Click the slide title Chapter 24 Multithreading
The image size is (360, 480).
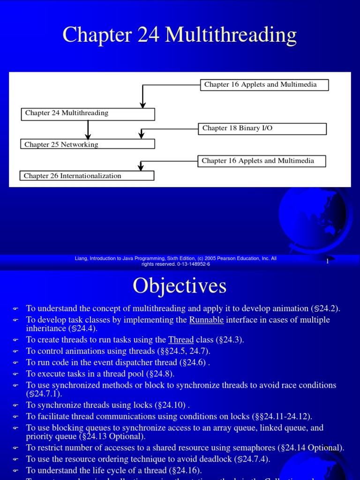(180, 35)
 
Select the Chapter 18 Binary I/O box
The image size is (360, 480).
(262, 128)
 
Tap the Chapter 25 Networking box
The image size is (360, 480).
(88, 144)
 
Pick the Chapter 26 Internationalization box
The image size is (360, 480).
(87, 176)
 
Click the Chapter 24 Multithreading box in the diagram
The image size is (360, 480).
(88, 113)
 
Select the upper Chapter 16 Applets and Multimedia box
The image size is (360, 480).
(265, 85)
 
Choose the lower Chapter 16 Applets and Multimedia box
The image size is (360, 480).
(262, 161)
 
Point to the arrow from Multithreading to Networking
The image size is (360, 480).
(88, 129)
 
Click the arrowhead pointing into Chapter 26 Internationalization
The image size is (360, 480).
(141, 167)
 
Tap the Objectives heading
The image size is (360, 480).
(180, 285)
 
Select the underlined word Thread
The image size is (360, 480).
(181, 340)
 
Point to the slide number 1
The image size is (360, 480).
(327, 262)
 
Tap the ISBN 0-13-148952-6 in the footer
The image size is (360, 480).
(193, 264)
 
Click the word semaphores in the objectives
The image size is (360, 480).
(244, 448)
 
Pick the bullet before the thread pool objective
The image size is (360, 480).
(15, 374)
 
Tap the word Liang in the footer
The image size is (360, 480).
(82, 258)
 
